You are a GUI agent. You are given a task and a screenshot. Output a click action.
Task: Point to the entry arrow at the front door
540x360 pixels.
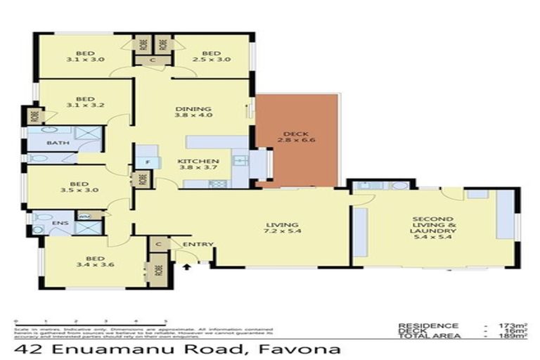[x=187, y=267]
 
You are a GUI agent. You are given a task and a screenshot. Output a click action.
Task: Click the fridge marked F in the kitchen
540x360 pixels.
[x=147, y=163]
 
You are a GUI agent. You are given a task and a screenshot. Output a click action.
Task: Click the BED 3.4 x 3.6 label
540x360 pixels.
[x=88, y=261]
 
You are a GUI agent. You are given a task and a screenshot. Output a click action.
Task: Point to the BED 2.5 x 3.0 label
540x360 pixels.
[x=211, y=56]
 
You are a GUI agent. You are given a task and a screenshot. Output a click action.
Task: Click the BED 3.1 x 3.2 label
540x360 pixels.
[x=84, y=103]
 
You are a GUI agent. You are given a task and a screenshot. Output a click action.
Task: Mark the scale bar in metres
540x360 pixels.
[x=89, y=321]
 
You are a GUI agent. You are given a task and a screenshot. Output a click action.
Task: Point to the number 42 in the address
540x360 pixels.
[x=25, y=349]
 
